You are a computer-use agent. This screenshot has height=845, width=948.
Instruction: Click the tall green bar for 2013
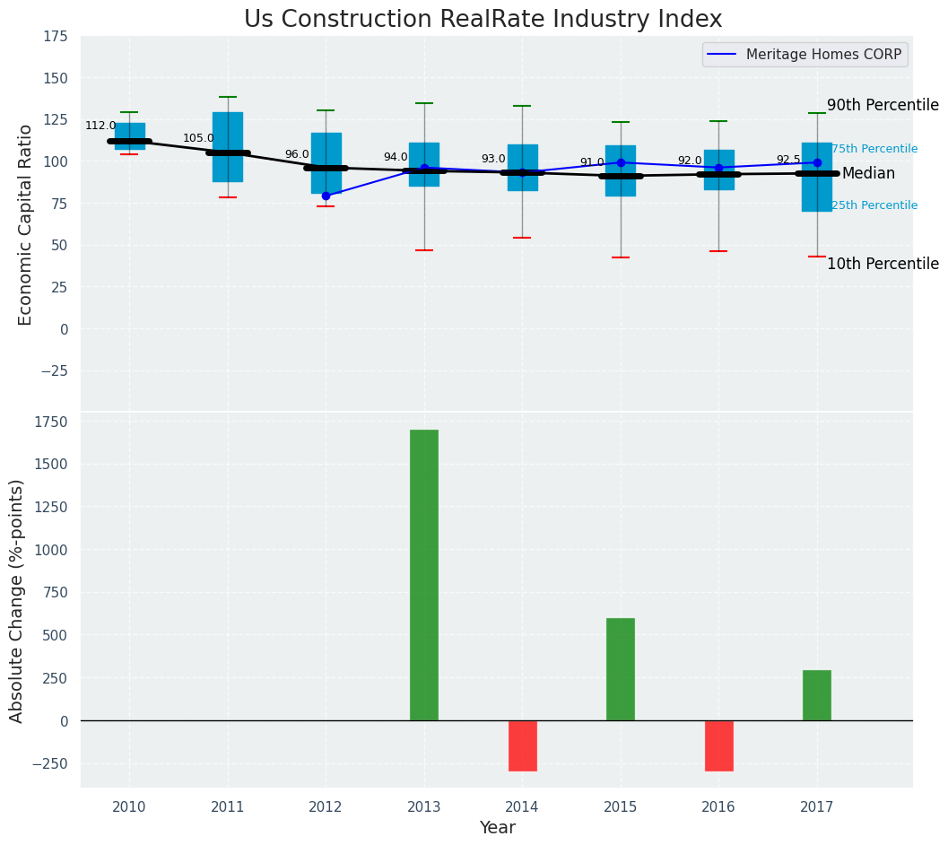(x=424, y=574)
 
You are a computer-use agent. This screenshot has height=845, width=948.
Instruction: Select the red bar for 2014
(x=522, y=745)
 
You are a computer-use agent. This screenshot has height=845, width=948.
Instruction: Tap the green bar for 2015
(x=620, y=668)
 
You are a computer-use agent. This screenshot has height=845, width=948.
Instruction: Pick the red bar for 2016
(x=718, y=745)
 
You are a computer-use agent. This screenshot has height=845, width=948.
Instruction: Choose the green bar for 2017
(x=816, y=694)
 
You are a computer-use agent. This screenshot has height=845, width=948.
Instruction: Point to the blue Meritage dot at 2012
(x=326, y=196)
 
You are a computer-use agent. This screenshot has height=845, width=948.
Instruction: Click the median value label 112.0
(x=100, y=126)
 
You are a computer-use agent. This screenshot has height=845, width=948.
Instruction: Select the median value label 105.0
(x=198, y=138)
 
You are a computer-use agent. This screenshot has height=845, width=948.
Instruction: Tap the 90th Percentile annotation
(x=883, y=106)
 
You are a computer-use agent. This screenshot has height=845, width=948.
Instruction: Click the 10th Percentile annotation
(x=883, y=265)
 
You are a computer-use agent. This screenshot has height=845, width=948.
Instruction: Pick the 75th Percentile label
(x=874, y=149)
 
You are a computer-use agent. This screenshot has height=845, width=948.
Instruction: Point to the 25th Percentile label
(x=874, y=205)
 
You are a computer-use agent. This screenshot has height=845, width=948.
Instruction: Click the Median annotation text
(x=868, y=174)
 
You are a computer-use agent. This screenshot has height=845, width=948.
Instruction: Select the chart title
(x=483, y=20)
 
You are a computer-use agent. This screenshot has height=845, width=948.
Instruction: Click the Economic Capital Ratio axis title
(x=26, y=224)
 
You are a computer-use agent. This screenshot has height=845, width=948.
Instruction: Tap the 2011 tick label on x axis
(x=228, y=807)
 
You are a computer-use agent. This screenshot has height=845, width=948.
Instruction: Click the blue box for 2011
(x=228, y=147)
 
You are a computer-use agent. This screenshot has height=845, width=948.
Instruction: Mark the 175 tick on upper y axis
(x=55, y=37)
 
